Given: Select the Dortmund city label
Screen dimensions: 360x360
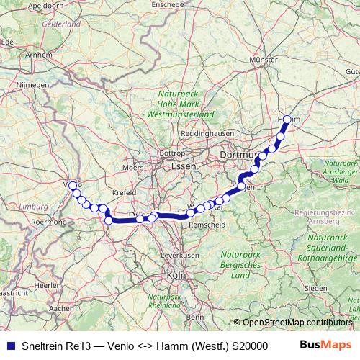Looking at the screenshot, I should point(236,155).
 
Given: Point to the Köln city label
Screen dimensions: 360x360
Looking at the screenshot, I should point(176,275).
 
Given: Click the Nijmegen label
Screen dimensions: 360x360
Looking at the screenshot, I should point(33,85).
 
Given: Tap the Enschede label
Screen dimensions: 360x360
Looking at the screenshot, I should point(188,4).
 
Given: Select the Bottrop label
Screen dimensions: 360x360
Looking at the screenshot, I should point(171,153).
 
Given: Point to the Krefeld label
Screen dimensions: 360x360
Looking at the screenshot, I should point(124,193).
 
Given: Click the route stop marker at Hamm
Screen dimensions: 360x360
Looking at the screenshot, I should point(287,120).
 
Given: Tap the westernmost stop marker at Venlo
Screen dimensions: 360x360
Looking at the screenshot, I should point(73,185).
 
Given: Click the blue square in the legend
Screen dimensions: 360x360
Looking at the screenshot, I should point(10,345).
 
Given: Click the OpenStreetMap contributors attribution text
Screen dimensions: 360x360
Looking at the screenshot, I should point(297,323).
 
